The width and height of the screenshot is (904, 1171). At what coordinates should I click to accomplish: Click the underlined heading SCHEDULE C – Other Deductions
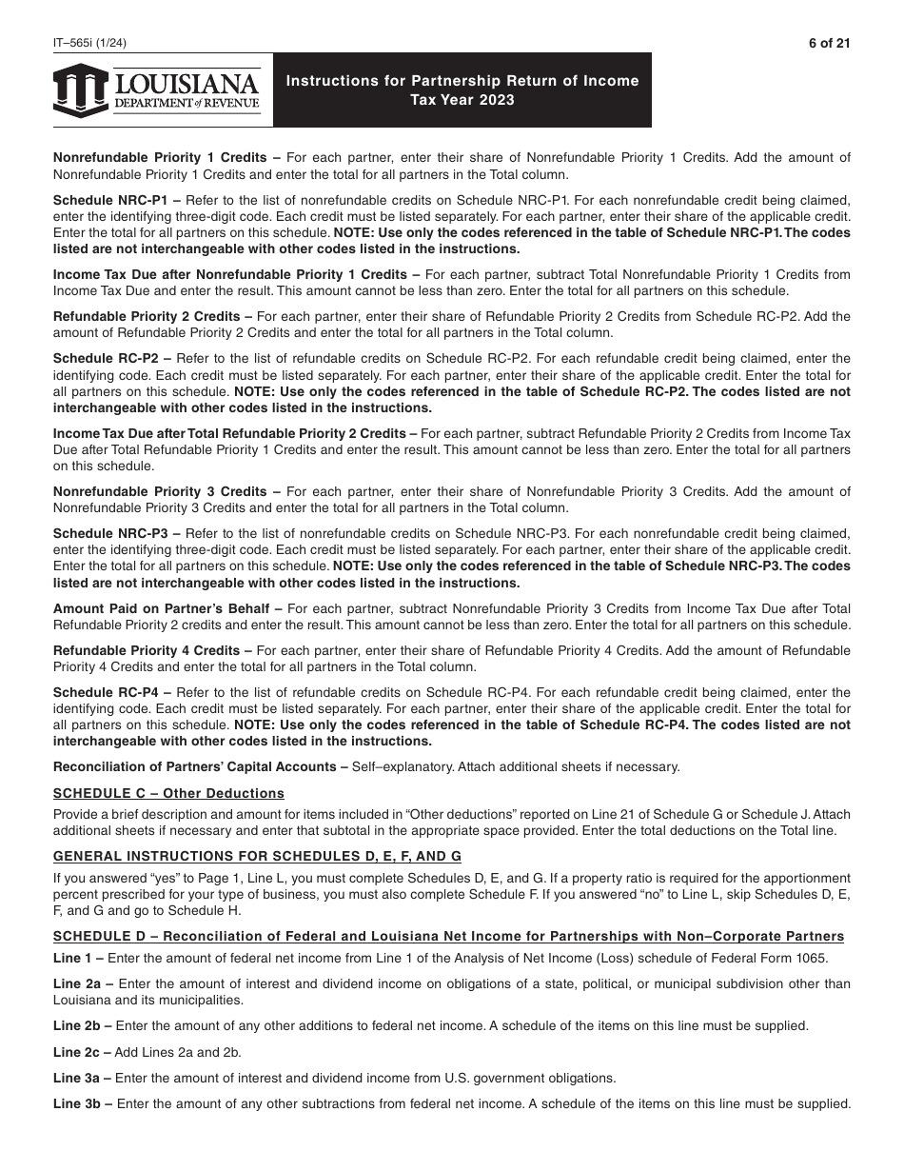pyautogui.click(x=168, y=793)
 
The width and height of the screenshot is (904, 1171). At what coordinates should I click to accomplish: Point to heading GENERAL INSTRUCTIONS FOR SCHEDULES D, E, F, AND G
pyautogui.click(x=257, y=856)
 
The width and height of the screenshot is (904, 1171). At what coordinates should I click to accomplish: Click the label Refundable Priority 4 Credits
pyautogui.click(x=147, y=650)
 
